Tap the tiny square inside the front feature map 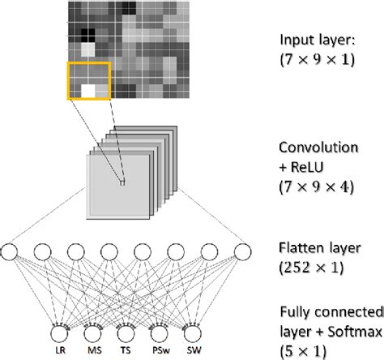click(x=122, y=183)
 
